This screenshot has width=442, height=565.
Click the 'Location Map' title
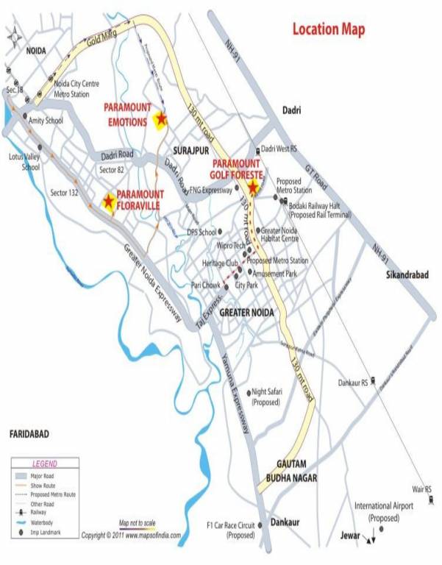tap(328, 29)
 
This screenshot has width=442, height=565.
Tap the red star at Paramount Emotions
tap(160, 118)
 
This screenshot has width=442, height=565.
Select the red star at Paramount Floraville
tap(109, 201)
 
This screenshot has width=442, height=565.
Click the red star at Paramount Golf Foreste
tap(253, 188)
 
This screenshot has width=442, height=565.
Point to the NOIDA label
tap(36, 53)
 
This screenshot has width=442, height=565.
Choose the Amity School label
tap(46, 120)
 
